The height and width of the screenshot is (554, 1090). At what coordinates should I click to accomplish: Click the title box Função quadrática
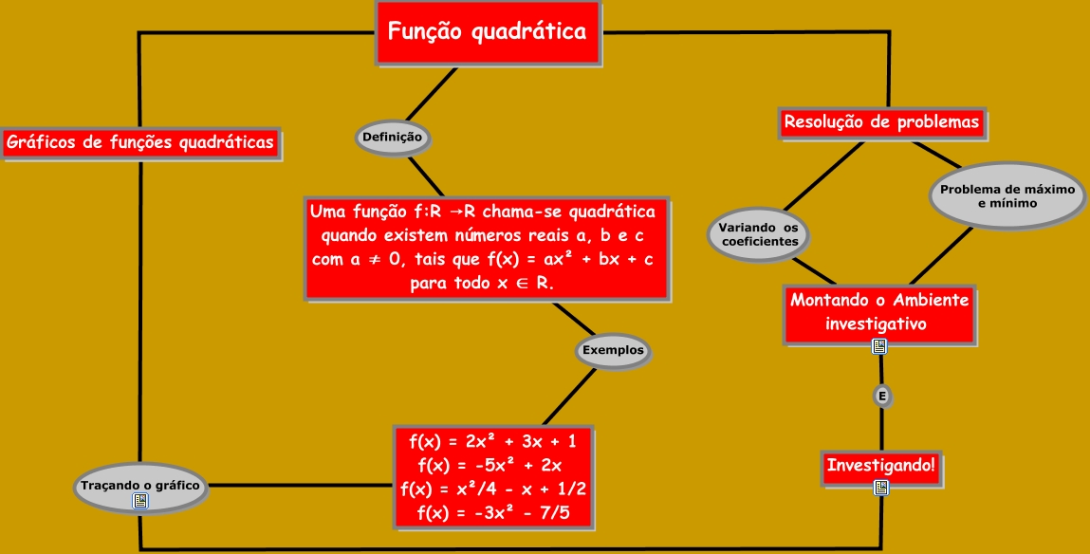coord(488,32)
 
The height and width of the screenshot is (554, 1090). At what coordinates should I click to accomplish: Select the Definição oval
coord(392,138)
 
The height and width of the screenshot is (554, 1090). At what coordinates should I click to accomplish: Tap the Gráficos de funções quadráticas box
coord(140,143)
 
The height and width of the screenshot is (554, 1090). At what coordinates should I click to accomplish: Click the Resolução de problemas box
coord(881,123)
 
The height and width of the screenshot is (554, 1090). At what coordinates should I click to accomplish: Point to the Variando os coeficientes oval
coord(758,234)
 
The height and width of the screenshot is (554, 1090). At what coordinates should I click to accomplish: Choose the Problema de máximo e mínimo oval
coord(1007,196)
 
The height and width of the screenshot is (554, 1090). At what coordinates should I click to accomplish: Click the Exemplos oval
coord(613,350)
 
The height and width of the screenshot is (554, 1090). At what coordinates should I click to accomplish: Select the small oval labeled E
coord(882,397)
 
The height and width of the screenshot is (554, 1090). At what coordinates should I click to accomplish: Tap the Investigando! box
coord(881,466)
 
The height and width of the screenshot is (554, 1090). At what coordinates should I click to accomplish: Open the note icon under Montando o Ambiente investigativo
coord(879,346)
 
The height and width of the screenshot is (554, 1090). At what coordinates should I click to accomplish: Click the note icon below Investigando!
coord(881,488)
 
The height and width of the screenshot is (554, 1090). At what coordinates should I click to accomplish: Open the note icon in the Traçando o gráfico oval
coord(140,501)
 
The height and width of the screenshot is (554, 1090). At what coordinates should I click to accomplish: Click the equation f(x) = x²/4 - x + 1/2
coord(493,489)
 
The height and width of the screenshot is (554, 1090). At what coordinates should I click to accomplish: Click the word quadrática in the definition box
coord(609,211)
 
